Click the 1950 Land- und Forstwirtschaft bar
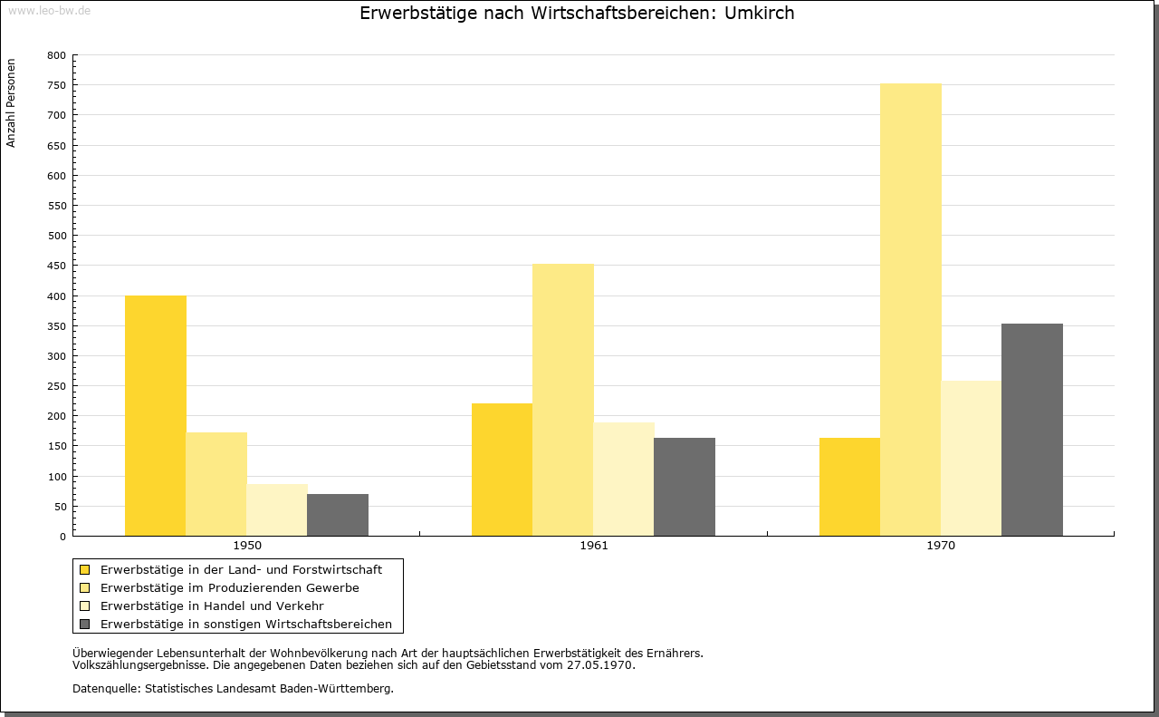pyautogui.click(x=155, y=415)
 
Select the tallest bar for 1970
pyautogui.click(x=911, y=310)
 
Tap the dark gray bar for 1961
pyautogui.click(x=685, y=487)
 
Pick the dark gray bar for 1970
pyautogui.click(x=1031, y=430)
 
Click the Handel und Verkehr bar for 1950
pyautogui.click(x=277, y=510)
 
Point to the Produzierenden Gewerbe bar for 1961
pyautogui.click(x=563, y=400)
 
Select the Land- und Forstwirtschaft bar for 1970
pyautogui.click(x=849, y=487)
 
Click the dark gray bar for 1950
pyautogui.click(x=338, y=515)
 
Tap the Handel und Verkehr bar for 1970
pyautogui.click(x=972, y=459)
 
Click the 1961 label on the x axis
pyautogui.click(x=593, y=546)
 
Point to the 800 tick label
pyautogui.click(x=56, y=55)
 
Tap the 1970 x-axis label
pyautogui.click(x=941, y=546)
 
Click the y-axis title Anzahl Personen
pyautogui.click(x=11, y=102)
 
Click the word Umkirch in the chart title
pyautogui.click(x=759, y=13)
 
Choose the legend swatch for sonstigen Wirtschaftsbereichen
pyautogui.click(x=84, y=625)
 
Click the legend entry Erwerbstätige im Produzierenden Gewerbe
pyautogui.click(x=230, y=588)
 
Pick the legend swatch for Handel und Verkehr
pyautogui.click(x=84, y=606)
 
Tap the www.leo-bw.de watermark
pyautogui.click(x=49, y=10)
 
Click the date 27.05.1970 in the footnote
pyautogui.click(x=599, y=665)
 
